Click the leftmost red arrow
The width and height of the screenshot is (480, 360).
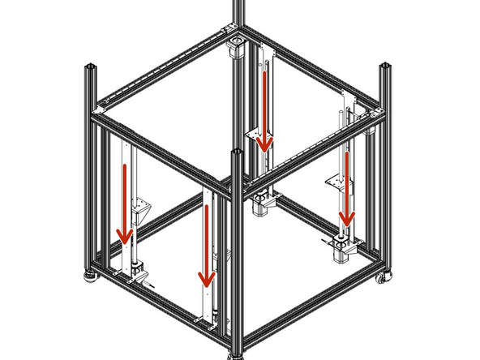coord(125,203)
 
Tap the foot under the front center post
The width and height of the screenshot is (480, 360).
coord(236,354)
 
